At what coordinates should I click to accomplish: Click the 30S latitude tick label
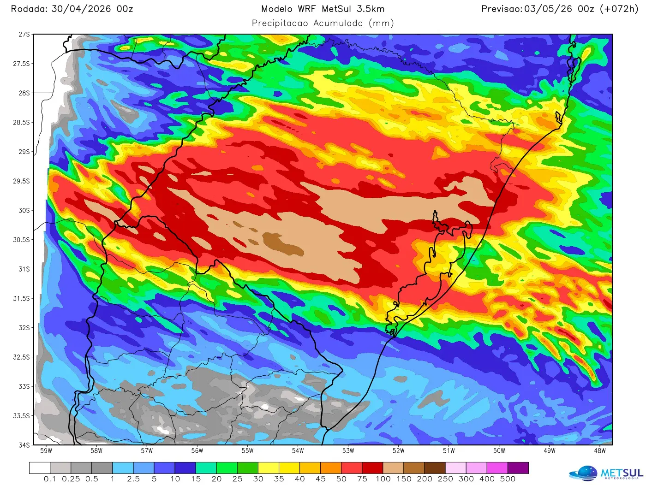click(x=24, y=210)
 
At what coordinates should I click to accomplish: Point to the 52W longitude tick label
click(x=398, y=450)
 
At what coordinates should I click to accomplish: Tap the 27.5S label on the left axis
click(x=21, y=64)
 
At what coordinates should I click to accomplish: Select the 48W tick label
click(x=599, y=450)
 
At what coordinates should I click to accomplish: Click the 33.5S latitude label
click(x=21, y=416)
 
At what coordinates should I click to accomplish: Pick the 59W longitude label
click(x=46, y=450)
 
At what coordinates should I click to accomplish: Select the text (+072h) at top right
click(x=619, y=9)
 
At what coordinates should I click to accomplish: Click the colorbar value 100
click(x=383, y=479)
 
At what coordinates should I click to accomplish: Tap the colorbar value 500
click(x=507, y=479)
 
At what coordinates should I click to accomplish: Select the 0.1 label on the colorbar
click(x=50, y=479)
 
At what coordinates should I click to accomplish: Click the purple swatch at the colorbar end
click(x=518, y=468)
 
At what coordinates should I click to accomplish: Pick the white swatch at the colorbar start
click(x=40, y=468)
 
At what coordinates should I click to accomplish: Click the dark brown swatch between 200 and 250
click(x=435, y=468)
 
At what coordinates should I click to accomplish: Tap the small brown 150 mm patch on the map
click(x=282, y=243)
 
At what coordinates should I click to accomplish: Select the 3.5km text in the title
click(x=370, y=9)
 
